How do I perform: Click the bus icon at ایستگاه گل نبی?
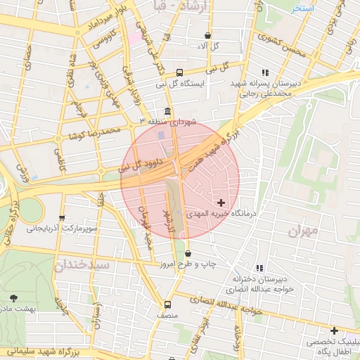180,72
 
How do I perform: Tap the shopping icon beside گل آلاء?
207,35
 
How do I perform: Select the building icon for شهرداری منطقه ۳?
167,112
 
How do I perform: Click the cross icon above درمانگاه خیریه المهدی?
221,202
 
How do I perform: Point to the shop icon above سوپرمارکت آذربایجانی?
63,217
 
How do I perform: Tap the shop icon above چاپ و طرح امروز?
188,253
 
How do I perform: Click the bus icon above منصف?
167,304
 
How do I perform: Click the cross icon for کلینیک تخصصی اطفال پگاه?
334,330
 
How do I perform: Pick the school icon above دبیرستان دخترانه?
259,268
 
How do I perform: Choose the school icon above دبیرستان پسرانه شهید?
264,72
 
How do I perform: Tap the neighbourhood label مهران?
303,230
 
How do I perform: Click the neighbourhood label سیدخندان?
82,266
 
